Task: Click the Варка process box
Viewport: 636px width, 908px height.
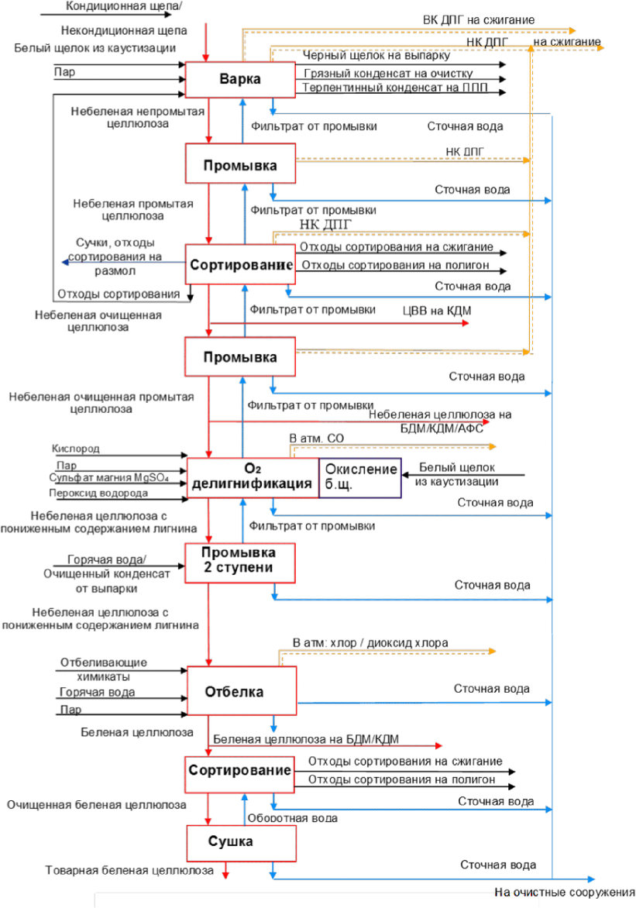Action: tap(240, 79)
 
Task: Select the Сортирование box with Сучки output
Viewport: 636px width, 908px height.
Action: tap(240, 264)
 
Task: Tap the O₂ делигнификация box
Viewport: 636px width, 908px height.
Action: tap(253, 478)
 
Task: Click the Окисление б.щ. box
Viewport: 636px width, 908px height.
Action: tap(359, 478)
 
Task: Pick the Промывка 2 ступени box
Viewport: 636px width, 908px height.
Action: tap(240, 562)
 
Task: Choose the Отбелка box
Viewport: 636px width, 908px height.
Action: tap(242, 692)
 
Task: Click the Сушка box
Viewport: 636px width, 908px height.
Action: tap(241, 843)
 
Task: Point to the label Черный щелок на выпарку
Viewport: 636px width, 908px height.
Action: tap(376, 56)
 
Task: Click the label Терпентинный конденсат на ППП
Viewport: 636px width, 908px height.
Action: tap(395, 88)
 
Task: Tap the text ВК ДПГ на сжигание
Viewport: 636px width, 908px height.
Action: tap(479, 19)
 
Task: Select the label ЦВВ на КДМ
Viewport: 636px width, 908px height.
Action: tap(437, 311)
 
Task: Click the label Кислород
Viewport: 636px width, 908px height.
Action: tap(75, 449)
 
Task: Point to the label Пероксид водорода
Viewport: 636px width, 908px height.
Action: tap(98, 494)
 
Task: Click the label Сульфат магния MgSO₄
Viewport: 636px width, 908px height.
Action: tap(109, 478)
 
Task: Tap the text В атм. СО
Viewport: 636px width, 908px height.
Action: tap(316, 439)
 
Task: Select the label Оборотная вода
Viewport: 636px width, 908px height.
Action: tap(293, 818)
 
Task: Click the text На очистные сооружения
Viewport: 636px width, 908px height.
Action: tap(565, 892)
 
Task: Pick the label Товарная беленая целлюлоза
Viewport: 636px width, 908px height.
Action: tap(129, 870)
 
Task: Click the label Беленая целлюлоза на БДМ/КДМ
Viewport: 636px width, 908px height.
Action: tap(306, 739)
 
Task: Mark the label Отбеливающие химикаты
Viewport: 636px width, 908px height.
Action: tap(104, 669)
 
